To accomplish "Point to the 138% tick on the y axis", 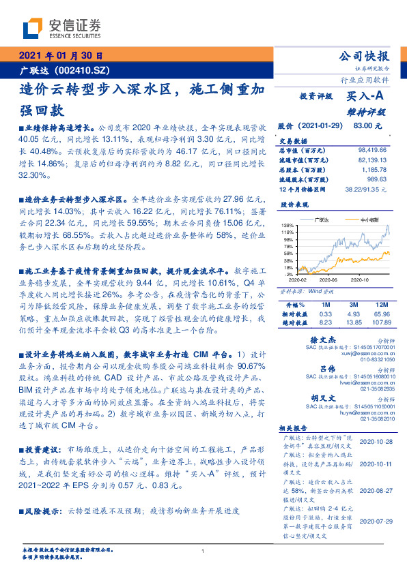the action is [x=287, y=226].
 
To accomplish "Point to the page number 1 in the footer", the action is [x=203, y=551].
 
